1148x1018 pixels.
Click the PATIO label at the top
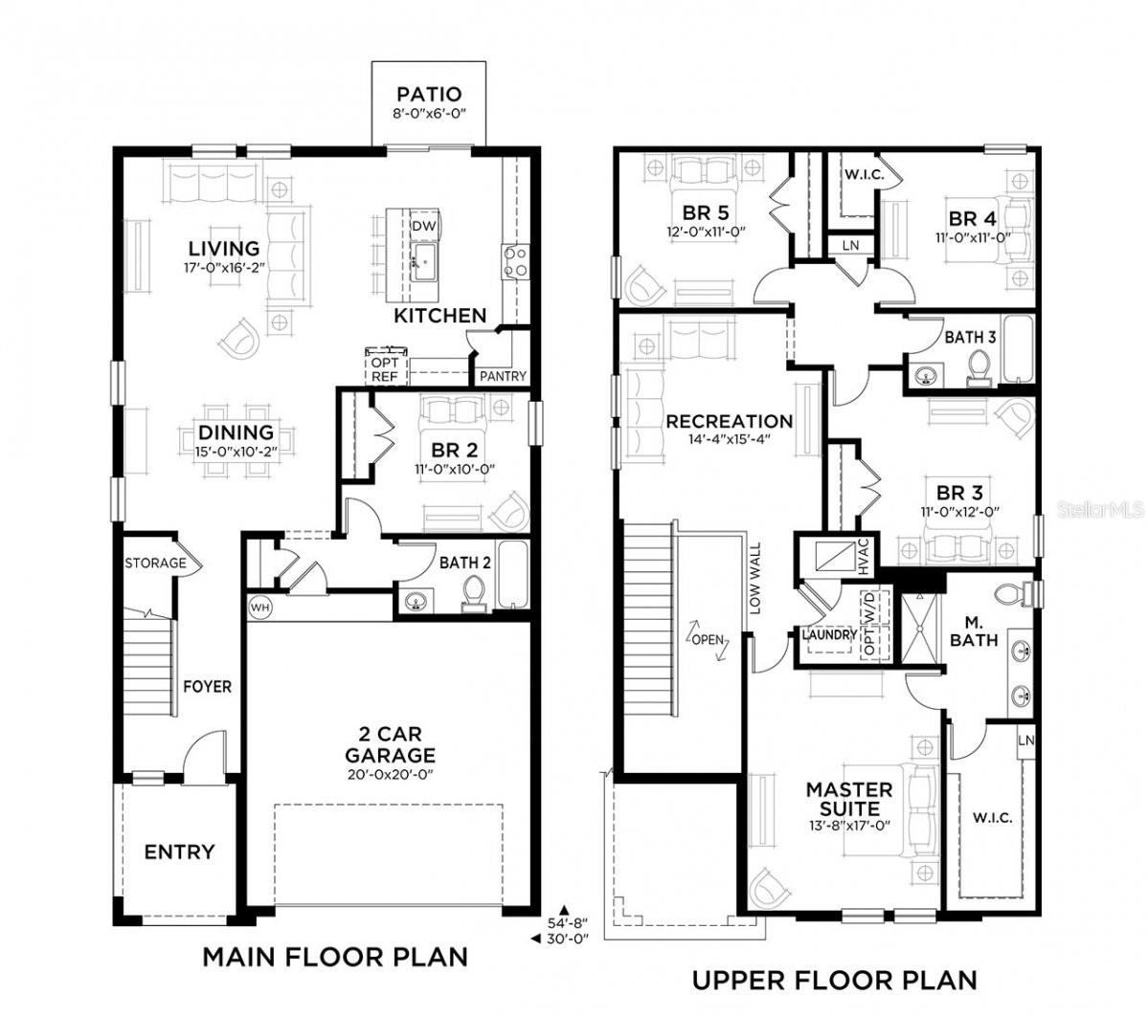pyautogui.click(x=429, y=94)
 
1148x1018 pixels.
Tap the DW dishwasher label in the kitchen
pyautogui.click(x=423, y=226)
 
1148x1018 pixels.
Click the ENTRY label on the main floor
pyautogui.click(x=179, y=852)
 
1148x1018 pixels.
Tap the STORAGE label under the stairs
pyautogui.click(x=155, y=563)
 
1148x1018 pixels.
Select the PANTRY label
pyautogui.click(x=503, y=376)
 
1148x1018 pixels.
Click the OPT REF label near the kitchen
pyautogui.click(x=384, y=369)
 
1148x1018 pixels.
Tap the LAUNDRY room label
pyautogui.click(x=829, y=634)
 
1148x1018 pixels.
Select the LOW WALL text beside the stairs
pyautogui.click(x=755, y=579)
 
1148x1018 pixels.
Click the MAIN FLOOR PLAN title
pyautogui.click(x=334, y=956)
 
